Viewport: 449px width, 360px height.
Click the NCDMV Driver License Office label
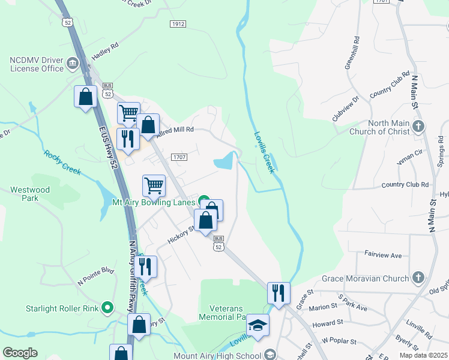click(36, 64)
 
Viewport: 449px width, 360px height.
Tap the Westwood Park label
click(30, 194)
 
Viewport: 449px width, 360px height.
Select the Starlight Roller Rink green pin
click(108, 309)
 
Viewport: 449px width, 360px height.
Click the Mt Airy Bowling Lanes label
click(154, 202)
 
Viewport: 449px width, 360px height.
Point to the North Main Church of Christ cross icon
click(419, 127)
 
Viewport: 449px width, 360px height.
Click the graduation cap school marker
click(258, 325)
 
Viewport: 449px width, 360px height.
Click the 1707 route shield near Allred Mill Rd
click(179, 157)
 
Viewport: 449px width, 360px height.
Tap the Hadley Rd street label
click(105, 52)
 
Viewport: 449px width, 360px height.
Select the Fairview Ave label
click(383, 255)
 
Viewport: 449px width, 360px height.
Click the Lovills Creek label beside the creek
click(264, 152)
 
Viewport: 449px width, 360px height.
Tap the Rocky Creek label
click(62, 162)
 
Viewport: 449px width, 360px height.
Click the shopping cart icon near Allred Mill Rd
click(128, 112)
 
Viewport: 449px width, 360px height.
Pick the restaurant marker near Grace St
click(278, 293)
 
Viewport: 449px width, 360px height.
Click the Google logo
click(20, 353)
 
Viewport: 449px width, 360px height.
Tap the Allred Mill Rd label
click(175, 130)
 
